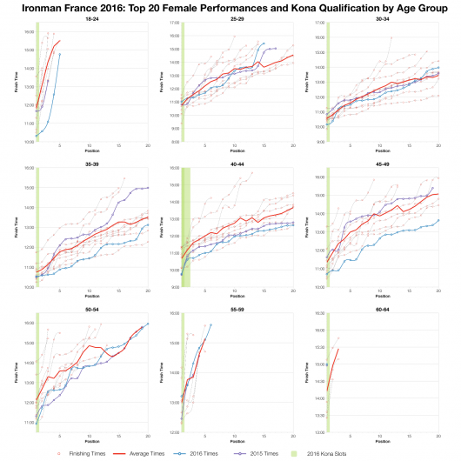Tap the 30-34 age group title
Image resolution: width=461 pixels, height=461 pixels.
pyautogui.click(x=380, y=18)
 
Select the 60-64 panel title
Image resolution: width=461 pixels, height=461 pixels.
pyautogui.click(x=380, y=303)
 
